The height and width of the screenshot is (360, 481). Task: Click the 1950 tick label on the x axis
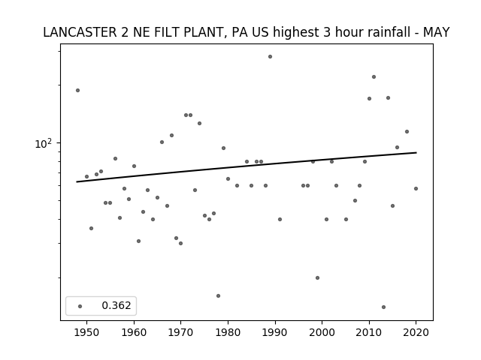point(87,332)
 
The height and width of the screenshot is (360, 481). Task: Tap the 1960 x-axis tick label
point(134,332)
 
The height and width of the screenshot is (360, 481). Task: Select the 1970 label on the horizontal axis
point(180,332)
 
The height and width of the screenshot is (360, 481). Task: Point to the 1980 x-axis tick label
point(228,332)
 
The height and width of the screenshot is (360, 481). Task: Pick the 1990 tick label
point(275,332)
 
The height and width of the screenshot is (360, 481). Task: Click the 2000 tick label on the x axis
point(322,332)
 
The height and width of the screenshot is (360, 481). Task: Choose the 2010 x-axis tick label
point(369,332)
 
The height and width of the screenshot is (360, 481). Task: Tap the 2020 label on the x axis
point(416,332)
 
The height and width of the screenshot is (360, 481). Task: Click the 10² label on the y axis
point(44,143)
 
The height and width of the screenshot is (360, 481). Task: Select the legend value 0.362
point(116,305)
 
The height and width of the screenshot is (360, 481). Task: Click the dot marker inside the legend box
point(80,306)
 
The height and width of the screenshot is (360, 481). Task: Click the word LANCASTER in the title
point(80,32)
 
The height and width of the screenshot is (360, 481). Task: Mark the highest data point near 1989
point(270,57)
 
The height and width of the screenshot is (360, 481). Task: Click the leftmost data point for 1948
point(77,90)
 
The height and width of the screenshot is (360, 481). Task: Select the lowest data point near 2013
point(383,307)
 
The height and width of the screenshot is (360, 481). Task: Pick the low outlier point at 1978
point(218,295)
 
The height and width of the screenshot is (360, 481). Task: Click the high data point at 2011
point(374,76)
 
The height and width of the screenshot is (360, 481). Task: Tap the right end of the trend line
point(416,152)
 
